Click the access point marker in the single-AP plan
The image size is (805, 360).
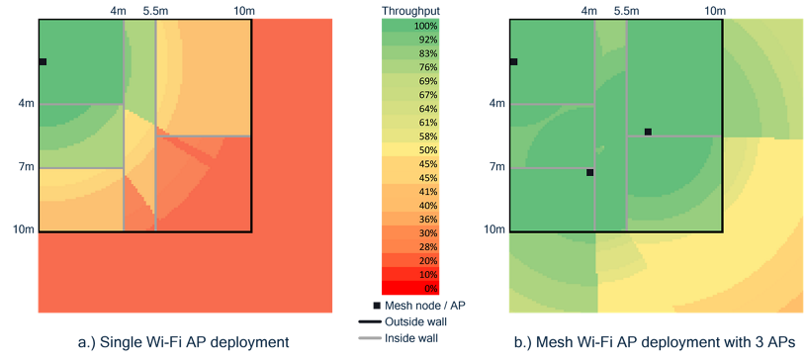43,62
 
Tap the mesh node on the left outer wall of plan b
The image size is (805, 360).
513,62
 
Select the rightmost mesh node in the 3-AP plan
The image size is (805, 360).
648,132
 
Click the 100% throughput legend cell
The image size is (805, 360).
410,25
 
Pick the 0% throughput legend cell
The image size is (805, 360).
410,288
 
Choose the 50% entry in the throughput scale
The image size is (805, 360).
410,149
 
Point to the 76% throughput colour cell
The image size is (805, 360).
410,66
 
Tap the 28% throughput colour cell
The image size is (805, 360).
410,246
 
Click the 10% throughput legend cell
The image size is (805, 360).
410,274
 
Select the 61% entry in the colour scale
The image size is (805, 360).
410,122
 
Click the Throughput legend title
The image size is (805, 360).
410,10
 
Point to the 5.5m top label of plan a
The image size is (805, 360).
155,10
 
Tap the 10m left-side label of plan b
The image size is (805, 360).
494,229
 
